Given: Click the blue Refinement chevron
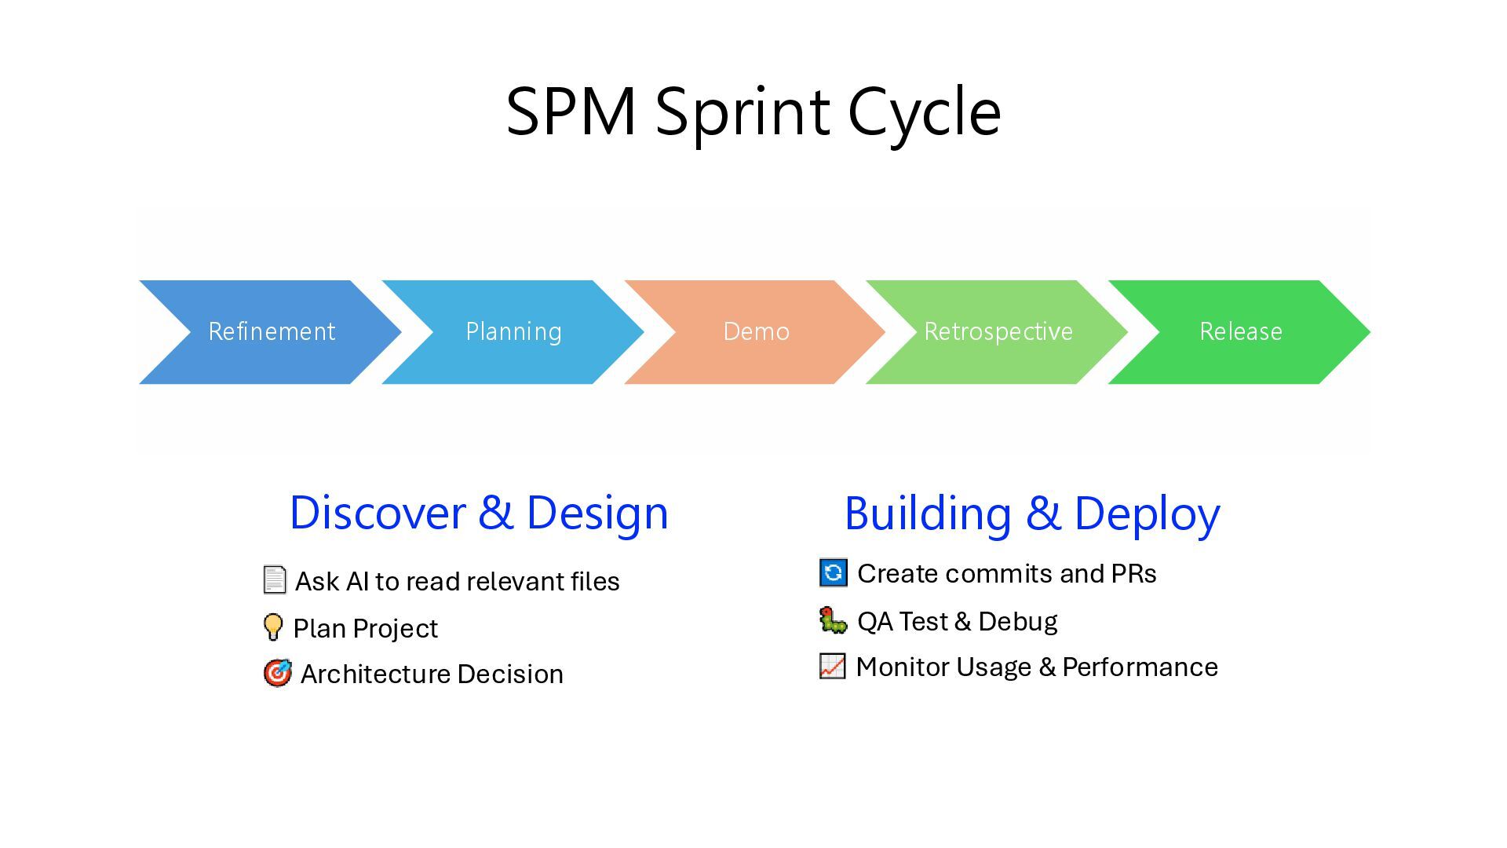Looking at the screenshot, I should pos(271,332).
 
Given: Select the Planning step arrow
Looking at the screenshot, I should pos(513,332).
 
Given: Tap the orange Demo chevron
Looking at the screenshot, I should pos(756,332).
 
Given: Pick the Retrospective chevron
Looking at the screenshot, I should pos(998,332).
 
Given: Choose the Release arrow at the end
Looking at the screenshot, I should pos(1240,332).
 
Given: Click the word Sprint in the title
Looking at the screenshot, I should pos(742,112).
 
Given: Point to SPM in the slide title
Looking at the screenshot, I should pos(571,112).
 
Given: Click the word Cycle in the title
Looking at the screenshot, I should pos(924,112).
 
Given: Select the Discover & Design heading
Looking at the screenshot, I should pos(479,513).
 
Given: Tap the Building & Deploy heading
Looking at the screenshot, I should pos(1032,514).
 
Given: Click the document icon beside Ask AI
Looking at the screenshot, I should pos(275,580).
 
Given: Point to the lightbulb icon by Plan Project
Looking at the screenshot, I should pos(272,627).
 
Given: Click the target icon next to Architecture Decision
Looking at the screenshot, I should pos(277,673).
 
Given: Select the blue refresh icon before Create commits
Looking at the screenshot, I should pos(833,572).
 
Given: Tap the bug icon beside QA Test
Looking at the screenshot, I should pos(833,620).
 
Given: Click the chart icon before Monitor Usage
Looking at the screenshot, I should pos(832,666).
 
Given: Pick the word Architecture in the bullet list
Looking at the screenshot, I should pos(374,674).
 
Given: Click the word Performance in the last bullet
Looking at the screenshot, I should pos(1140,667).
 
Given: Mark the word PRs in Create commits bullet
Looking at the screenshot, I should pos(1133,574).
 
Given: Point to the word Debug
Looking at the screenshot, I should pos(1017,622).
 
